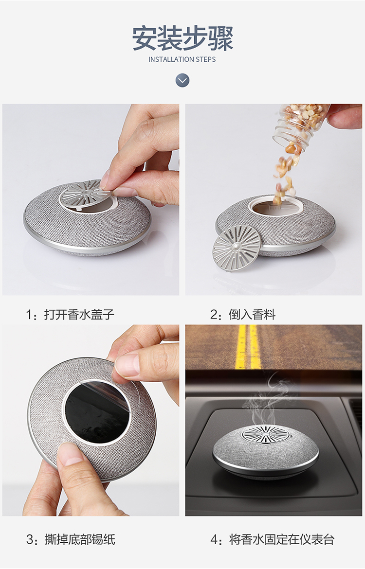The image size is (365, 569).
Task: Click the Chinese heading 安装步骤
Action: (x=182, y=38)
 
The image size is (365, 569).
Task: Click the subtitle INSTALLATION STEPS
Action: (x=182, y=59)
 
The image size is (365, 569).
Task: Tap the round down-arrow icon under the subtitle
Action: (x=182, y=80)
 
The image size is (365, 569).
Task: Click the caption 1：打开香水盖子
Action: (x=70, y=314)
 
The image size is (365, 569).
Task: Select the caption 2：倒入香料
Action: (x=243, y=314)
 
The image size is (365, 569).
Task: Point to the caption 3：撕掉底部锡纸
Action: (x=71, y=539)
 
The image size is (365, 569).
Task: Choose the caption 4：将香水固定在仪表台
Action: (x=272, y=539)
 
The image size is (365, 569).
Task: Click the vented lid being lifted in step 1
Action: (x=85, y=194)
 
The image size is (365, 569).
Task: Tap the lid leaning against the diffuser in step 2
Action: (x=236, y=248)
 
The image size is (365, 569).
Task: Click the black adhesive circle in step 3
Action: (x=97, y=412)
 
